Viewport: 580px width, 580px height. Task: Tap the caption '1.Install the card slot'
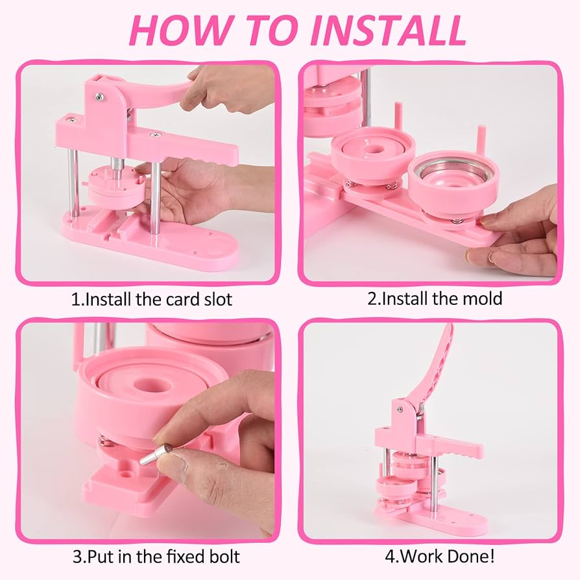[152, 299]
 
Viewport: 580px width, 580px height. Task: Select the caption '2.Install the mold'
[435, 298]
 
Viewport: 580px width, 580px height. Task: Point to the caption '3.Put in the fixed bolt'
[156, 557]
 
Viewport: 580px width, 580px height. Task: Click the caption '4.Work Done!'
[439, 556]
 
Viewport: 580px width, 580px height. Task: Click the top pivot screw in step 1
[99, 97]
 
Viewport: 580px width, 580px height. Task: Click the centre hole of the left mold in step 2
[372, 149]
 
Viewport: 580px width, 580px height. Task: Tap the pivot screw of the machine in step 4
[400, 409]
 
